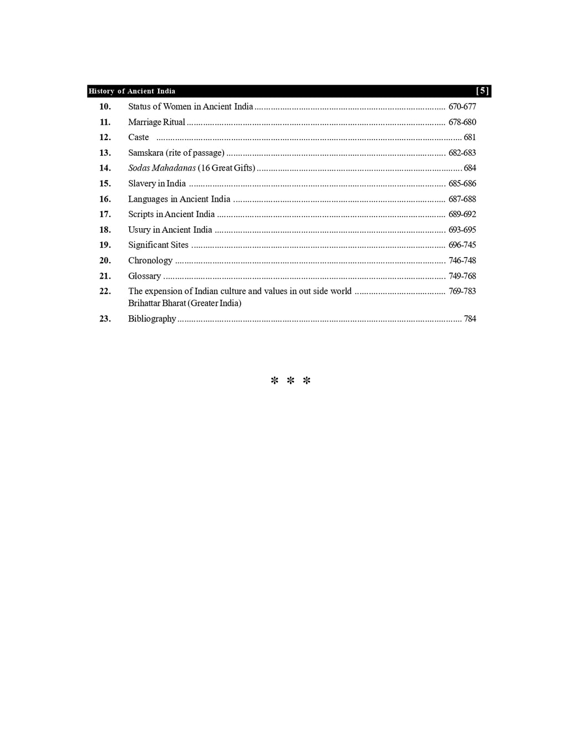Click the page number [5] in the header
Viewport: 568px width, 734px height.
coord(483,91)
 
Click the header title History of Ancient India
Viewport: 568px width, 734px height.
coord(132,91)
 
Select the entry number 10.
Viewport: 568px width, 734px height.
coord(105,106)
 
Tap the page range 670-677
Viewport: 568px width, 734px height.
coord(462,106)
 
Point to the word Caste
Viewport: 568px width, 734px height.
coord(138,137)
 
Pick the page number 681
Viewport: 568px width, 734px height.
coord(470,137)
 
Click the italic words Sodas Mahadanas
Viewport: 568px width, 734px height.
coord(162,168)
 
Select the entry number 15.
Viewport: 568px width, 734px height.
coord(105,183)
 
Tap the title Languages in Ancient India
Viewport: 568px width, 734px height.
coord(179,199)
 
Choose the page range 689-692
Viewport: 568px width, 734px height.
coord(462,214)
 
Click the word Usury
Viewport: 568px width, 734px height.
coord(139,229)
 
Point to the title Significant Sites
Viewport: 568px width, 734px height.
coord(158,245)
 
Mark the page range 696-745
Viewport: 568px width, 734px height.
coord(462,245)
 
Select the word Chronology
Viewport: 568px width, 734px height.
coord(150,260)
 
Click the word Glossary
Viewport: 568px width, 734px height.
coord(144,276)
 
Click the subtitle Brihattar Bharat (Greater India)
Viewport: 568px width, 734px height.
coord(185,303)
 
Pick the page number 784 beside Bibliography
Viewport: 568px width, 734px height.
coord(470,319)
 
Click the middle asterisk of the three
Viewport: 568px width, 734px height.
coord(291,381)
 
